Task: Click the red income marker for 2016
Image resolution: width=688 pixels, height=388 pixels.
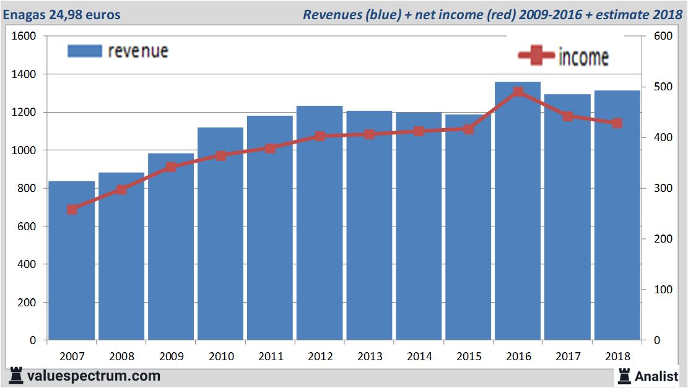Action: (518, 92)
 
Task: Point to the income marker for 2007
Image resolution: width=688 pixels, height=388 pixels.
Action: (72, 209)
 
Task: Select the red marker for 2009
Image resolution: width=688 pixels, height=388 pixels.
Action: (172, 167)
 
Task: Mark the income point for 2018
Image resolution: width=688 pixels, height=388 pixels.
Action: (617, 123)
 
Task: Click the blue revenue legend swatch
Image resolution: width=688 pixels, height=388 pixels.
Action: (84, 51)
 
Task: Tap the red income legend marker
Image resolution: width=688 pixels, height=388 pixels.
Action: (536, 57)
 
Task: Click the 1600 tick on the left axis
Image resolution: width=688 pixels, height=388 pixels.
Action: (25, 37)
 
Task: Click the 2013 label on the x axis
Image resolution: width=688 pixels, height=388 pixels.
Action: (370, 356)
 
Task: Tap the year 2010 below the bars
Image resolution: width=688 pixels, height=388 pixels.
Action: (221, 356)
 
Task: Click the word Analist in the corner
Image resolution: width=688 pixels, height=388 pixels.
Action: (656, 376)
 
